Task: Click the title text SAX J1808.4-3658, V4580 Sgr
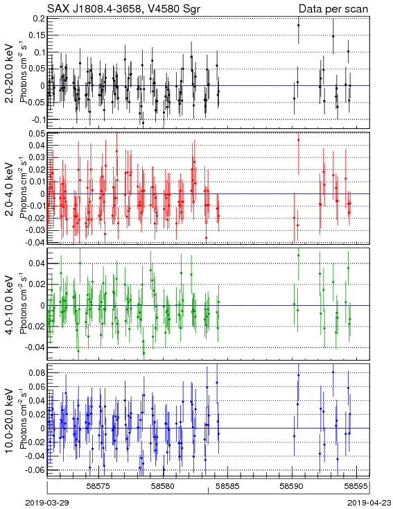[x=123, y=8]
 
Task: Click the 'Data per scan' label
[x=333, y=9]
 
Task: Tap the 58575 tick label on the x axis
[x=99, y=486]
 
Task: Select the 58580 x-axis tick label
[x=164, y=486]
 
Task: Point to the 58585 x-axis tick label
[x=229, y=486]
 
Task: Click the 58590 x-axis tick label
[x=292, y=486]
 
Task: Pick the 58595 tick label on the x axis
[x=356, y=486]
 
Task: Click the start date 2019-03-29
[x=47, y=503]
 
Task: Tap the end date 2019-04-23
[x=369, y=503]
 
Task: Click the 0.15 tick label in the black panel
[x=36, y=35]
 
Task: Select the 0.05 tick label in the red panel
[x=36, y=133]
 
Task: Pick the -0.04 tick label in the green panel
[x=35, y=347]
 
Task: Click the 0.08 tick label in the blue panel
[x=36, y=372]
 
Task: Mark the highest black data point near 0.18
[x=299, y=25]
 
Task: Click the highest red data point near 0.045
[x=299, y=140]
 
